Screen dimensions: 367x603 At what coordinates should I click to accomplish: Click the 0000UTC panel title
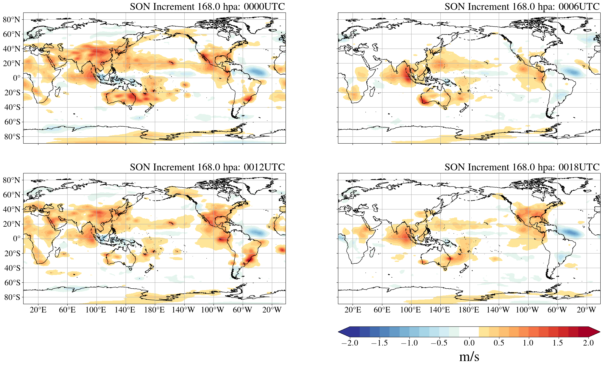pos(207,7)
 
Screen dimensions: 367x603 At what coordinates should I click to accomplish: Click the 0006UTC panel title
pos(522,7)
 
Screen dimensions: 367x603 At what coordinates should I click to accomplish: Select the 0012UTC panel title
pos(207,167)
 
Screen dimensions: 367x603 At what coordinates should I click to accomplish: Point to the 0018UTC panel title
pos(522,167)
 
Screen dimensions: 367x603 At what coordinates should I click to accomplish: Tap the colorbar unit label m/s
pos(469,357)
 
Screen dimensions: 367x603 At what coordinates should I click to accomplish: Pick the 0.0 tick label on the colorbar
pos(469,343)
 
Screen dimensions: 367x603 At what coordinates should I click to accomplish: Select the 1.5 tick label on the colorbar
pos(557,343)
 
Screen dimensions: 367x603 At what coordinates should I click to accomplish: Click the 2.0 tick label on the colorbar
pos(588,343)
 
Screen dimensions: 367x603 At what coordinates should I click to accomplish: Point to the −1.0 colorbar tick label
pos(409,343)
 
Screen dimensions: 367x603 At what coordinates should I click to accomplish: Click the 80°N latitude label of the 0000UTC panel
pos(12,20)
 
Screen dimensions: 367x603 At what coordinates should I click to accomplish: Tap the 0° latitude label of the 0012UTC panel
pos(17,239)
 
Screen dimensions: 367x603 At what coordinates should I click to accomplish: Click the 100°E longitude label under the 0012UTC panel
pos(96,310)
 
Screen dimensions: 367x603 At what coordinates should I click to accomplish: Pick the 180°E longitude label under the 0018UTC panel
pos(469,310)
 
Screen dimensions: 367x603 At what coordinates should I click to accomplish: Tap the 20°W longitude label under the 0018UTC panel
pos(586,310)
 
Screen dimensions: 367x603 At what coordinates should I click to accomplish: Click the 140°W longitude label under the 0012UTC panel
pos(183,310)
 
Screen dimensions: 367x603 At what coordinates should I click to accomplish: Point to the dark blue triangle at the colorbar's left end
pos(344,332)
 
